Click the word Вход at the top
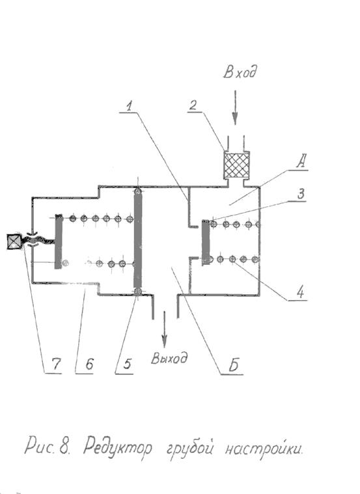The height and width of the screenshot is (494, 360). pos(240,72)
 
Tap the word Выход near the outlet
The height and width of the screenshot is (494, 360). pos(169,358)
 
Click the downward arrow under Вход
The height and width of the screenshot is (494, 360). pos(235,107)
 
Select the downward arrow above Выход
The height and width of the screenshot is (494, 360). pos(164,329)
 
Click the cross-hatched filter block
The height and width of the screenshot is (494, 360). pos(237,165)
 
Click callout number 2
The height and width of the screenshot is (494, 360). pos(193,105)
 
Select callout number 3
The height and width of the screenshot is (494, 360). pos(301,194)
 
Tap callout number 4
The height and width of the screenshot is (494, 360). pos(300,292)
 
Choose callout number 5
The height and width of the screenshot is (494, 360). pos(127,364)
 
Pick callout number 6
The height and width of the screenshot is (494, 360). pos(89,364)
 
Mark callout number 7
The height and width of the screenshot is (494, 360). pos(56,364)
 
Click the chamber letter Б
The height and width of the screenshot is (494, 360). pos(234,365)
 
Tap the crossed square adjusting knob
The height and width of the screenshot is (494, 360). pos(14,241)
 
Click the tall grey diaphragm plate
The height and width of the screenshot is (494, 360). pos(138,241)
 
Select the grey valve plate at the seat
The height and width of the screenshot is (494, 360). pos(206,242)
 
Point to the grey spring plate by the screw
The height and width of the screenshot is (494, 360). pos(59,241)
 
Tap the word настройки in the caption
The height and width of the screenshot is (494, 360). pos(264,448)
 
